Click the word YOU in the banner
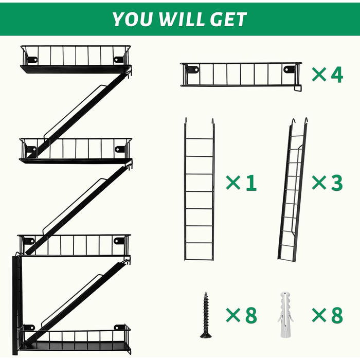[x=133, y=20]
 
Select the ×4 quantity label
[x=328, y=75]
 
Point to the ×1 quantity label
[x=241, y=183]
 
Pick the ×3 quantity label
[x=328, y=183]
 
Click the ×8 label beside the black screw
[x=242, y=315]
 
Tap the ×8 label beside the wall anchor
[x=328, y=315]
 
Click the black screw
[x=206, y=315]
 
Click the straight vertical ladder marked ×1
[x=200, y=189]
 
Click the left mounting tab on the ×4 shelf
[x=193, y=69]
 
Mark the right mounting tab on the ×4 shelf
[x=289, y=69]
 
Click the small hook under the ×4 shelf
[x=298, y=88]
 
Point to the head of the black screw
[x=206, y=335]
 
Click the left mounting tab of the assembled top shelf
[x=32, y=60]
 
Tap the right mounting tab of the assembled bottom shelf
[x=119, y=327]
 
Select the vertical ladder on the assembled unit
[x=16, y=305]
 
